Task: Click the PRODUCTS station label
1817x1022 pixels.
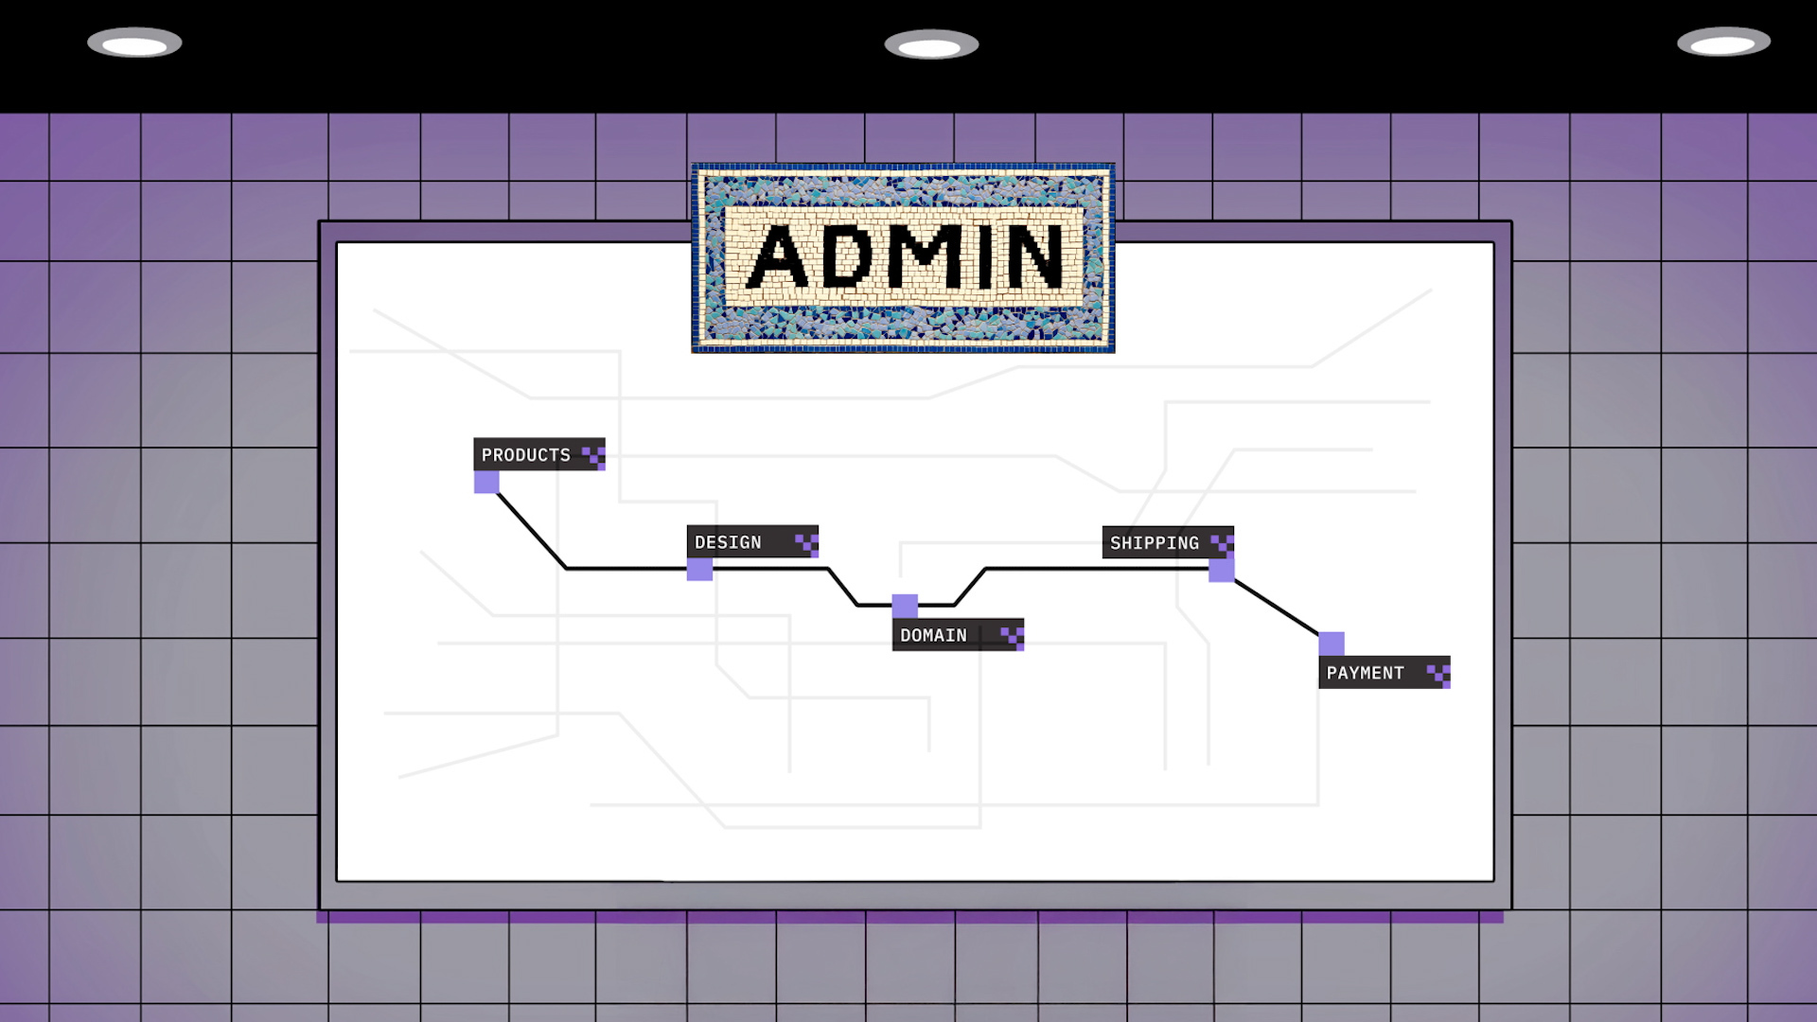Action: point(526,455)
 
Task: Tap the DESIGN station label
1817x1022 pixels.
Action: point(729,542)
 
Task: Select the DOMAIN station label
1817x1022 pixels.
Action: point(934,635)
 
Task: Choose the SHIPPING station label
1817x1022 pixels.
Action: point(1155,543)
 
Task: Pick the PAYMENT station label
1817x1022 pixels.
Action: point(1366,673)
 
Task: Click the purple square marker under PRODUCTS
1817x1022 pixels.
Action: point(486,483)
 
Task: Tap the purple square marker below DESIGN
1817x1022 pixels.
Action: point(699,569)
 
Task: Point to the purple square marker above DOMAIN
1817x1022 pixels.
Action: point(905,606)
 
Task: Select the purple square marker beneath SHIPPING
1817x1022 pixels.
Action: point(1222,570)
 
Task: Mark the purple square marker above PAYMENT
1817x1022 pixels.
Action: point(1332,643)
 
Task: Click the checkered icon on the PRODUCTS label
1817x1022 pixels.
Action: point(593,456)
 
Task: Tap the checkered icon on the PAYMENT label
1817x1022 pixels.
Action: point(1438,674)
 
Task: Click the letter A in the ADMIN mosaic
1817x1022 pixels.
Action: point(779,257)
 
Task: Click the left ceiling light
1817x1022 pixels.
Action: point(134,44)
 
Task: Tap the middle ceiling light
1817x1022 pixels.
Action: point(931,45)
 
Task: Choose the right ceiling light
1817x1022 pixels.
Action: point(1723,43)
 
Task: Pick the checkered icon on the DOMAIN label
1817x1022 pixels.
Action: point(1013,636)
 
